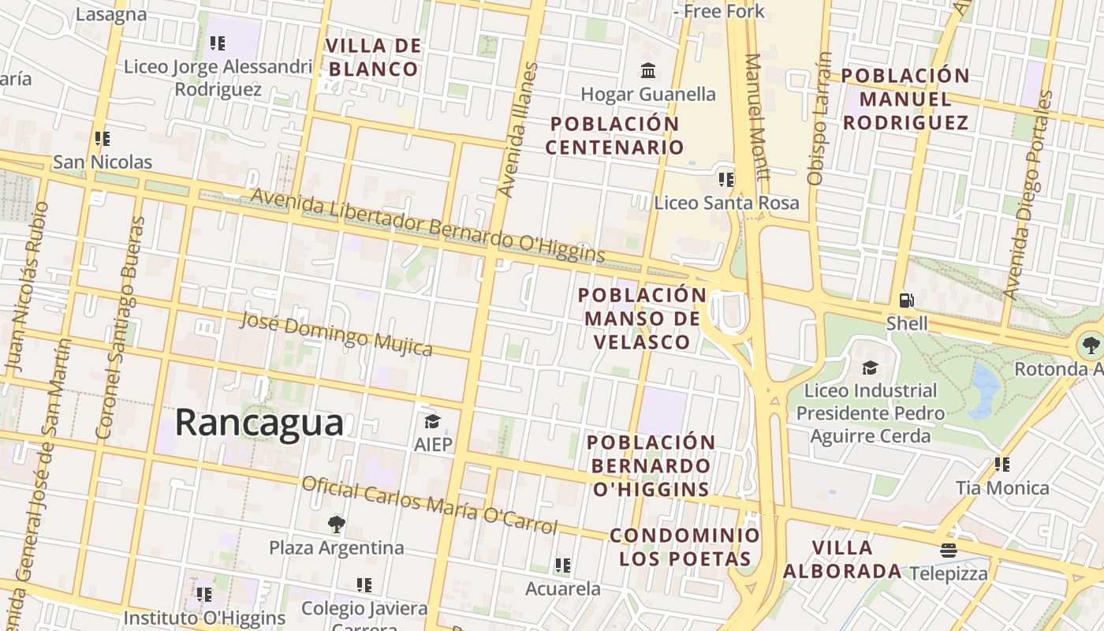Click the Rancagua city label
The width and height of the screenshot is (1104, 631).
pos(259,422)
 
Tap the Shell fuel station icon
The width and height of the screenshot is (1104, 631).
pos(907,300)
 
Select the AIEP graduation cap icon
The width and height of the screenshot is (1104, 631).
pos(432,421)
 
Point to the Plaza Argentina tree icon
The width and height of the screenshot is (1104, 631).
pos(336,524)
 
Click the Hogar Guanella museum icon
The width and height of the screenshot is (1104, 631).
pos(648,71)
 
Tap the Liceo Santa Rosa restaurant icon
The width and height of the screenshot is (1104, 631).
pos(726,179)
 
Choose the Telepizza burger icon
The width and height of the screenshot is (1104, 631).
pos(949,550)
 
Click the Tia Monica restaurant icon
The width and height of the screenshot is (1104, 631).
pos(1002,464)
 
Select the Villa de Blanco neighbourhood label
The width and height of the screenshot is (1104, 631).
pos(373,57)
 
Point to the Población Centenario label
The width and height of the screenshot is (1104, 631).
pos(614,135)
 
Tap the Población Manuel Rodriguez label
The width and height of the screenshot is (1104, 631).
pos(905,99)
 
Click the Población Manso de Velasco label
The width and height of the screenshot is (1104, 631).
pos(643,318)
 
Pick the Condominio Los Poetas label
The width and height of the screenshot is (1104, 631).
pos(684,547)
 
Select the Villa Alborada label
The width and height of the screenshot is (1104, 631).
pos(842,559)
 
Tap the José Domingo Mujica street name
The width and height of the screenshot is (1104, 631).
pos(336,334)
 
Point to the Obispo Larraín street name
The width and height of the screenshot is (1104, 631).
pos(820,118)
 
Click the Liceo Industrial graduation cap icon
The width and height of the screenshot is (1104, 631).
pos(870,368)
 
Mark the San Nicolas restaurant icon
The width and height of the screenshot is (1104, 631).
pos(102,139)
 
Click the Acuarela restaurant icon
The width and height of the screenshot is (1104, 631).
pos(562,565)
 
